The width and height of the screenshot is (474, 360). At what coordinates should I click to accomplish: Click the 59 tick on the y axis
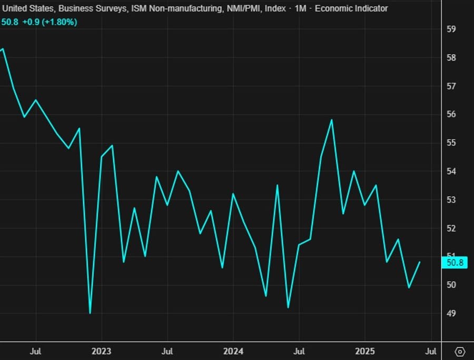pyautogui.click(x=451, y=29)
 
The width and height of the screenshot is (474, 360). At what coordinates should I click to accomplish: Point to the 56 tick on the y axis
pyautogui.click(x=451, y=114)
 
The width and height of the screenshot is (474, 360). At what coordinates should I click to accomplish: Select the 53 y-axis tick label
pyautogui.click(x=451, y=200)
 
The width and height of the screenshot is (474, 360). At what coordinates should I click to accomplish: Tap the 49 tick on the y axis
pyautogui.click(x=451, y=314)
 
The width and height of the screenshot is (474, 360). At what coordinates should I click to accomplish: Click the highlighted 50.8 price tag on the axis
pyautogui.click(x=455, y=263)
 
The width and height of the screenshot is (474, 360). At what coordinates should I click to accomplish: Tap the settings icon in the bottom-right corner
pyautogui.click(x=460, y=351)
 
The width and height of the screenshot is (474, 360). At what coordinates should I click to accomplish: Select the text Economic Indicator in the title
pyautogui.click(x=351, y=8)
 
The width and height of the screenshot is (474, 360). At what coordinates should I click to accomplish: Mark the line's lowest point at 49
pyautogui.click(x=90, y=313)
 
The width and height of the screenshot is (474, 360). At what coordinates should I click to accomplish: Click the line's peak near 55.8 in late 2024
pyautogui.click(x=332, y=120)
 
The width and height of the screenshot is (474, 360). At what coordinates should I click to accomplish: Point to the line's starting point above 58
pyautogui.click(x=3, y=49)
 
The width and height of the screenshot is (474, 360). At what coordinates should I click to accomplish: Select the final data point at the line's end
pyautogui.click(x=420, y=262)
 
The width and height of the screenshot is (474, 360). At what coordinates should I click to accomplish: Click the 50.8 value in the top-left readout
pyautogui.click(x=9, y=22)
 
